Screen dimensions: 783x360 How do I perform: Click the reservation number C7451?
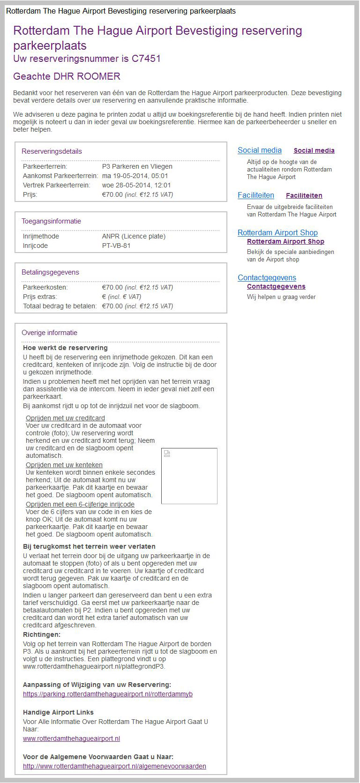(x=146, y=59)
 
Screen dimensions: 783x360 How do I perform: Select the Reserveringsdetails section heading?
(x=52, y=151)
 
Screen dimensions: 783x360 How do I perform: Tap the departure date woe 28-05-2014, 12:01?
(x=136, y=185)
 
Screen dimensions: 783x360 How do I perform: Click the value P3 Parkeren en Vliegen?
(x=137, y=166)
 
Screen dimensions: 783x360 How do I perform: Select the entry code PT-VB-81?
(x=116, y=246)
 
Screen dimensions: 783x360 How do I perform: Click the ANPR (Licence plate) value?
(x=134, y=236)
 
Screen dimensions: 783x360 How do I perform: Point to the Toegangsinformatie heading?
(x=51, y=221)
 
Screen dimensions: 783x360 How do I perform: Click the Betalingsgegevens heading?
(x=50, y=272)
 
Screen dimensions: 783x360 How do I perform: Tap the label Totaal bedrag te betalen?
(x=60, y=306)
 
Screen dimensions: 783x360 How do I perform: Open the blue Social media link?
(x=259, y=150)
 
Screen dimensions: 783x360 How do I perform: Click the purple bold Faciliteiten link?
(x=304, y=195)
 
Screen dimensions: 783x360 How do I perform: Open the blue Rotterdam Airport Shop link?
(x=277, y=233)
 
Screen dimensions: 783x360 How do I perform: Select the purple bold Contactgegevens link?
(x=276, y=286)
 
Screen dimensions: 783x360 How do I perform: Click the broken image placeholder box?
(x=189, y=476)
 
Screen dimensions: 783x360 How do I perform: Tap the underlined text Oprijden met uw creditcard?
(x=65, y=418)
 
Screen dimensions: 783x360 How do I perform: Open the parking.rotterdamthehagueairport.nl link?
(x=108, y=694)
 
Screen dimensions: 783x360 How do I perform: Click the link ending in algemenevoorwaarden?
(x=114, y=766)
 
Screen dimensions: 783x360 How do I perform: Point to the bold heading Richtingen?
(x=42, y=634)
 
